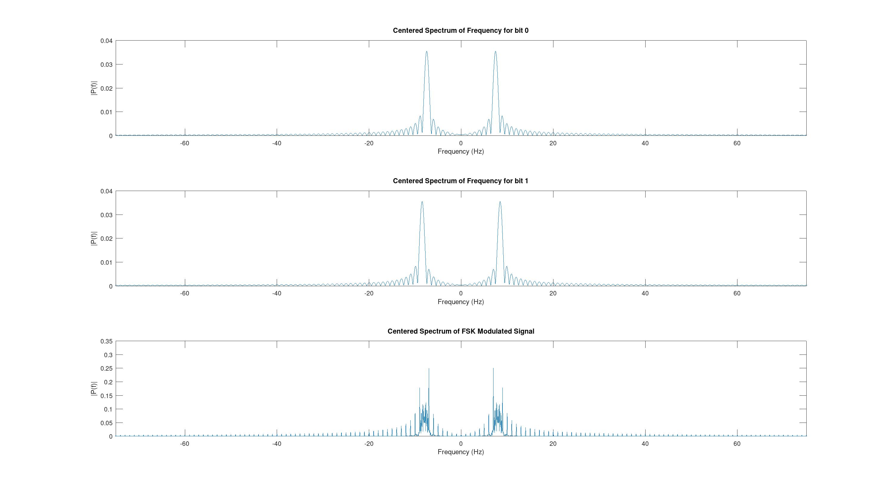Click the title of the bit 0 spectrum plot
[x=460, y=30]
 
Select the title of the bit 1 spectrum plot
[x=460, y=181]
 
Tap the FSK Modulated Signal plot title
[x=460, y=331]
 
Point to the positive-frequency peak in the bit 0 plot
[x=495, y=52]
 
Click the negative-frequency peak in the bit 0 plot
[x=426, y=52]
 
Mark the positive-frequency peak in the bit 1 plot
[x=500, y=202]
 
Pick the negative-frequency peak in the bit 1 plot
[x=422, y=202]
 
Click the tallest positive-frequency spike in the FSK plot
[x=493, y=369]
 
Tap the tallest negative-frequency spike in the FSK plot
[x=429, y=369]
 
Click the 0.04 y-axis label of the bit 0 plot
[x=106, y=41]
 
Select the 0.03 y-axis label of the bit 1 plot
[x=106, y=215]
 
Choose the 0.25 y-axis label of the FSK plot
[x=106, y=369]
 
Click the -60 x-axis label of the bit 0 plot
[x=184, y=143]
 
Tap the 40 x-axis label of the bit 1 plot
[x=645, y=293]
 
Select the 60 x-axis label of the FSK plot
[x=737, y=444]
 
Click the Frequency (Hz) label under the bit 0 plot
[x=460, y=151]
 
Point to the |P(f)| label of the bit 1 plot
[x=94, y=238]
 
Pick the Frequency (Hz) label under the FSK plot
[x=460, y=452]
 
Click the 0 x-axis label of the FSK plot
[x=461, y=444]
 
